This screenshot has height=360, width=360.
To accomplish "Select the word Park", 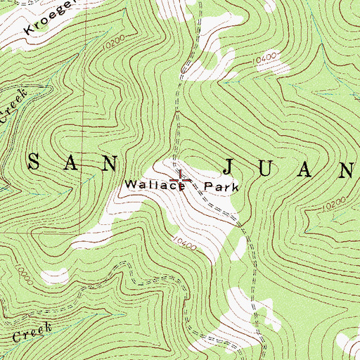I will tap(222, 188).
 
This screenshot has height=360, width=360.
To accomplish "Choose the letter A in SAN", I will tap(72, 163).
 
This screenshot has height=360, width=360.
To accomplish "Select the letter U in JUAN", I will tap(271, 169).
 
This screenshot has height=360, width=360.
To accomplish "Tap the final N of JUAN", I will tap(347, 169).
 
